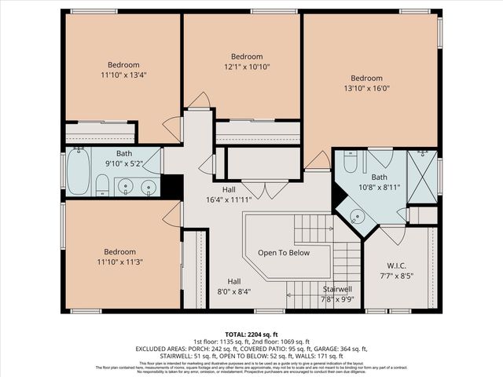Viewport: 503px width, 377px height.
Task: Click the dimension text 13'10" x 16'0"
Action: click(x=366, y=89)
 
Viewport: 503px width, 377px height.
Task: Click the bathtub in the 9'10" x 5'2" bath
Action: click(x=79, y=171)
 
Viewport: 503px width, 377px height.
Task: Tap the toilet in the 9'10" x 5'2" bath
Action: click(x=101, y=187)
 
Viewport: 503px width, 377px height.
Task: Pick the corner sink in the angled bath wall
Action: click(x=358, y=215)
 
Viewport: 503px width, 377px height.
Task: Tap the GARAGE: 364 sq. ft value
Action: click(x=340, y=349)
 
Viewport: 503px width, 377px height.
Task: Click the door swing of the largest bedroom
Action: click(x=318, y=161)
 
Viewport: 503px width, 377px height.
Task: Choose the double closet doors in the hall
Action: click(x=265, y=189)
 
